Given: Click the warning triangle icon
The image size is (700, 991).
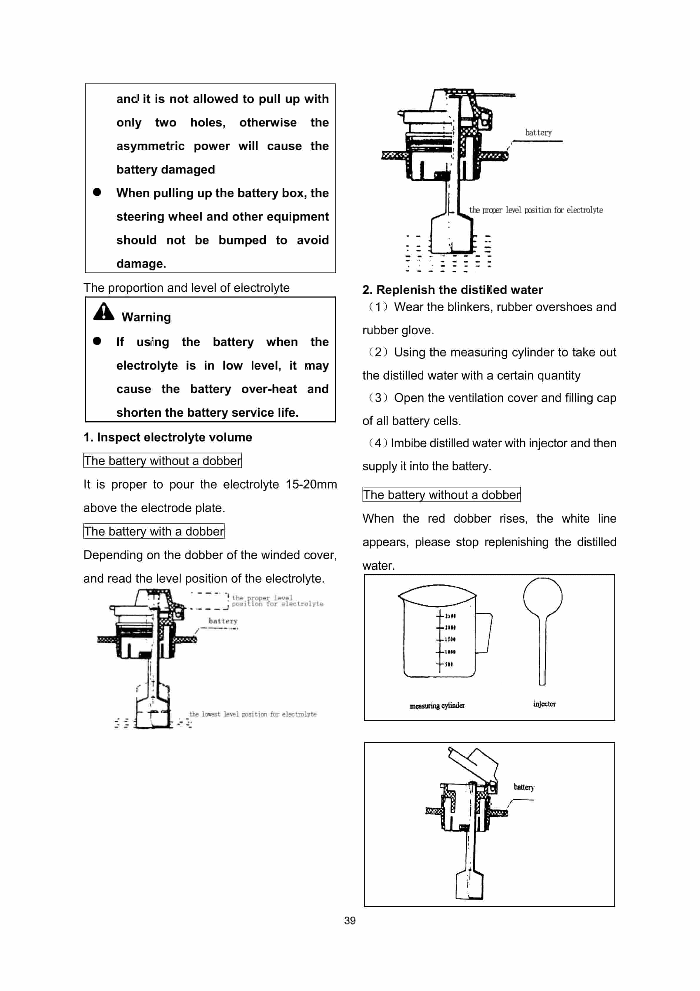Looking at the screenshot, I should pos(103,312).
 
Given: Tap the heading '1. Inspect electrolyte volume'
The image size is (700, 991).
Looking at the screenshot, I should pos(168,437).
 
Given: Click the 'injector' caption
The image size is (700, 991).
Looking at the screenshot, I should pos(544,704).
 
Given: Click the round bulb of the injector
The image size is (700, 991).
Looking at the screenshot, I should pos(543,597).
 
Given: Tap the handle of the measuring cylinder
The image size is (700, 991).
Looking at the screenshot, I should pos(484,633).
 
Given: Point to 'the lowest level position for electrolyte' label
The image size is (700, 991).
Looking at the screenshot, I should pos(253,714).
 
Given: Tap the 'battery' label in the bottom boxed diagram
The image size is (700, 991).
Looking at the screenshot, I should pos(524,787).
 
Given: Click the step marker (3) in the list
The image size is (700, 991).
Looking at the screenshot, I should pos(378,398).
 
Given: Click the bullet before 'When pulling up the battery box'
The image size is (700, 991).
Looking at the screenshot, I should pos(97,192).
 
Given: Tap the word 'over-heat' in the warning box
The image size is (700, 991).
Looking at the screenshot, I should pos(269,389).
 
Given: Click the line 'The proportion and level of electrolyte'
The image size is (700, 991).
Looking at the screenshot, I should pos(186,287).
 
